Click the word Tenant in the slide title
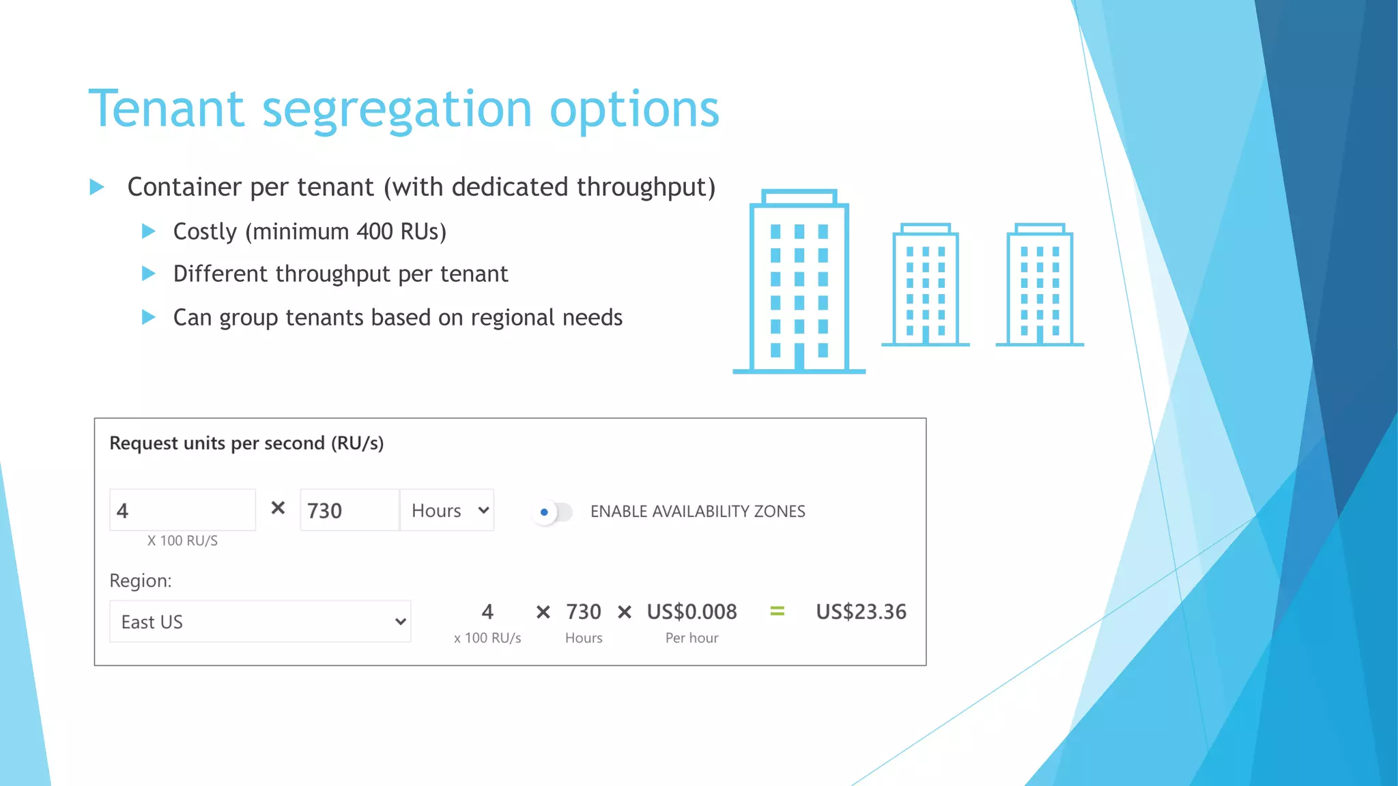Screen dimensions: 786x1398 [166, 109]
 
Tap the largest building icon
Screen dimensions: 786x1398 [799, 281]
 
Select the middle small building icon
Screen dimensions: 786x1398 [925, 285]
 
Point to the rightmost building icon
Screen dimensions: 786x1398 [1039, 285]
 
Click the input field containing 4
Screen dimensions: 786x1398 [182, 510]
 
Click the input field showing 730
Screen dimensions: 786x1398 [349, 510]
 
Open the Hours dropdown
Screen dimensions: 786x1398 [448, 510]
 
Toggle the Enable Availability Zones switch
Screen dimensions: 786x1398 [553, 512]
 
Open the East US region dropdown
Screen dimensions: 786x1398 [260, 622]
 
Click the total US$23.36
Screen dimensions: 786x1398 [861, 612]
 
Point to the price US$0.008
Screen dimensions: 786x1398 [691, 612]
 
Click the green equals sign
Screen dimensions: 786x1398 [777, 611]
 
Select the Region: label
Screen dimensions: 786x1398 [141, 581]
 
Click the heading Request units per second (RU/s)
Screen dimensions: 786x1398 [246, 443]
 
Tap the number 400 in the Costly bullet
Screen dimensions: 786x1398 [375, 232]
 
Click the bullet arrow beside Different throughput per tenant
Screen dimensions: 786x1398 [148, 274]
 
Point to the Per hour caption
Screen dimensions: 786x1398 [691, 638]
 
